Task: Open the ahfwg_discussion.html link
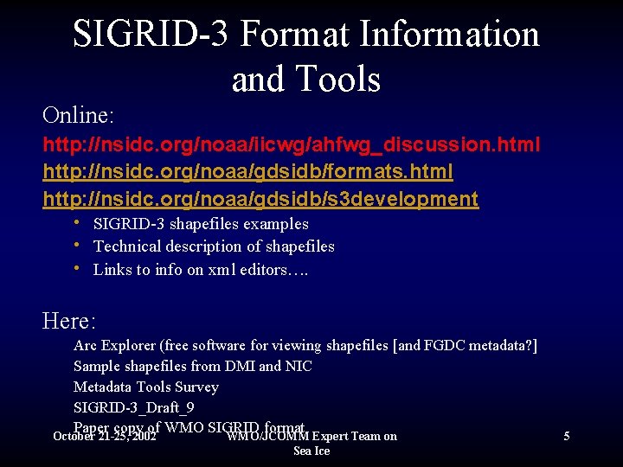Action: pos(292,144)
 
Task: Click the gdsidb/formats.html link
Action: pos(247,172)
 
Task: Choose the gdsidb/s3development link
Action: pos(260,199)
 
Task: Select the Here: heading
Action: pos(69,322)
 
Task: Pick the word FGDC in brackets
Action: pos(446,346)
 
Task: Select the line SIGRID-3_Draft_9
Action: pos(133,407)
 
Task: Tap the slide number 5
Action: pos(566,437)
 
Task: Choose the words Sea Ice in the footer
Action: pos(311,451)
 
